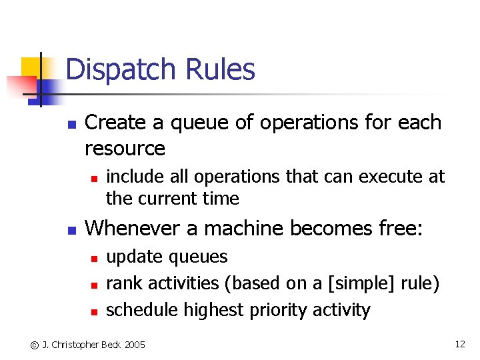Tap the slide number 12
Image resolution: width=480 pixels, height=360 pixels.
(459, 344)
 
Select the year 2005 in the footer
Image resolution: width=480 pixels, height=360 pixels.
(134, 345)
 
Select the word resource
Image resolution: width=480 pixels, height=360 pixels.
(125, 149)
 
